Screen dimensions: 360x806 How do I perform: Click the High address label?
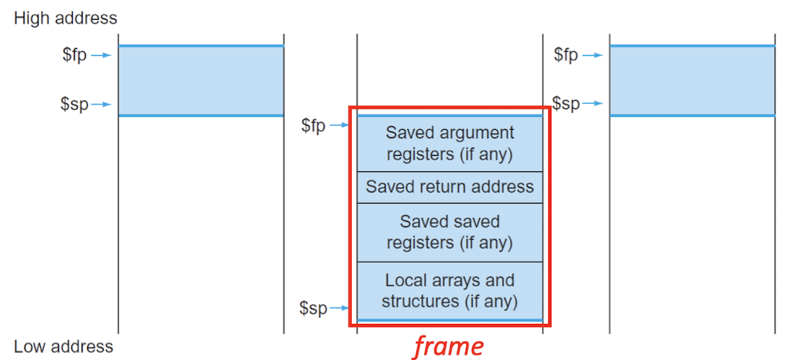tap(65, 17)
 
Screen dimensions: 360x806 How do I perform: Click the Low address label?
tap(64, 347)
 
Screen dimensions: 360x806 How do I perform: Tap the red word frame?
tap(449, 345)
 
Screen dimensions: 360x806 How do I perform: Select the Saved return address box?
tap(449, 187)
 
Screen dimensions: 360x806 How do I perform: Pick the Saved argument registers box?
tap(449, 144)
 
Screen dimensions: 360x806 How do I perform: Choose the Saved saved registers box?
tap(449, 232)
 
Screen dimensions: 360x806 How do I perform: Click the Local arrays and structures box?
tap(449, 291)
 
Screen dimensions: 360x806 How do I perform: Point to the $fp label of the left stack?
tap(75, 56)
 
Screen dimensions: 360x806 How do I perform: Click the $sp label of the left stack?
tap(75, 105)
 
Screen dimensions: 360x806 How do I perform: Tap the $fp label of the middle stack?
tap(313, 126)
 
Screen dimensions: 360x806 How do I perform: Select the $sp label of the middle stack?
tap(313, 308)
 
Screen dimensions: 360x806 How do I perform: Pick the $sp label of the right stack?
tap(566, 103)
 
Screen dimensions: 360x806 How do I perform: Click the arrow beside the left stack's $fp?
tap(102, 56)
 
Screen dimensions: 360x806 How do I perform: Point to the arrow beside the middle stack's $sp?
tap(340, 308)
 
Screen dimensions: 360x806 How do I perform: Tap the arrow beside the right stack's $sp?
tap(594, 103)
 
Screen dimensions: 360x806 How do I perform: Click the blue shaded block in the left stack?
tap(200, 81)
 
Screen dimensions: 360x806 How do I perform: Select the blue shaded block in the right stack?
tap(692, 81)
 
